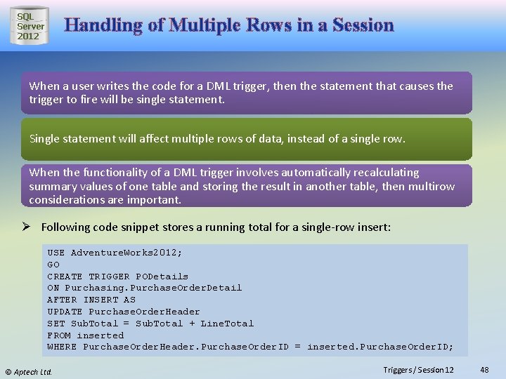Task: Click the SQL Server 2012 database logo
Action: click(x=30, y=26)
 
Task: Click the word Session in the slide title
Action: click(x=363, y=25)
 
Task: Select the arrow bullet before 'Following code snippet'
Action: click(x=31, y=227)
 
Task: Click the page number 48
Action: click(x=484, y=369)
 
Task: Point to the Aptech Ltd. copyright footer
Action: click(x=29, y=371)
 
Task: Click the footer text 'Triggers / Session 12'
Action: click(x=418, y=369)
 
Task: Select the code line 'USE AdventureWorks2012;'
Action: click(x=115, y=252)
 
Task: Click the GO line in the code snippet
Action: click(x=53, y=264)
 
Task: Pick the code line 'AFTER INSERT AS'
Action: click(x=91, y=300)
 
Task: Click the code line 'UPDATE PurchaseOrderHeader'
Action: click(x=124, y=312)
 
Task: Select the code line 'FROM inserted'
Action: click(x=85, y=335)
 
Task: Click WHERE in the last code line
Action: click(x=62, y=347)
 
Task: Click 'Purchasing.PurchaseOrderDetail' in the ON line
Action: click(x=153, y=288)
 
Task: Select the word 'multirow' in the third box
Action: click(x=432, y=186)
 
